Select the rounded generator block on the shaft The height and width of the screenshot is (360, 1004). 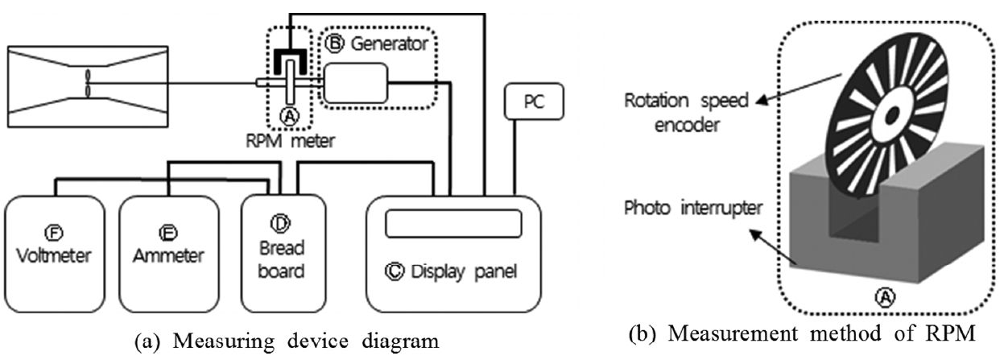pos(355,83)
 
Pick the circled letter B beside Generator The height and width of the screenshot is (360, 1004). pos(337,44)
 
